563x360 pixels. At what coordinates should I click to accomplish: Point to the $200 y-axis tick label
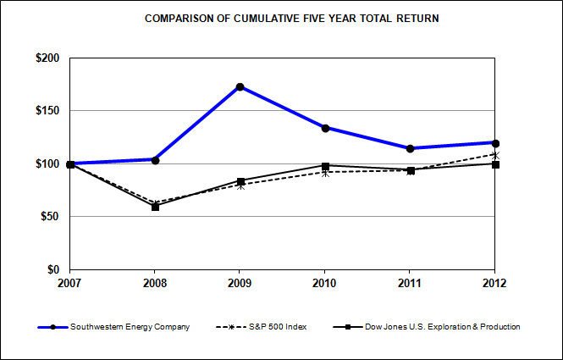tap(47, 58)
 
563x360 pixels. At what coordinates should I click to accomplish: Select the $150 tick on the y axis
tap(47, 111)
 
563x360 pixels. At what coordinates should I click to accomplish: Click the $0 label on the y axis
tap(53, 269)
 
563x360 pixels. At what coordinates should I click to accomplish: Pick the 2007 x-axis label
tap(70, 284)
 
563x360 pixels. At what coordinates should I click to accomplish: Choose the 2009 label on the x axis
tap(240, 284)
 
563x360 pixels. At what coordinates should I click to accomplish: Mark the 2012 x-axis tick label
tap(495, 284)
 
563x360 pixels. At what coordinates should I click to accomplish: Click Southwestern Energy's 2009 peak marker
tap(240, 86)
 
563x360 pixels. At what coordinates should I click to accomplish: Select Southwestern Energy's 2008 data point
tap(156, 159)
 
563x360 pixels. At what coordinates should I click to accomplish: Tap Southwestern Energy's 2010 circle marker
tap(325, 128)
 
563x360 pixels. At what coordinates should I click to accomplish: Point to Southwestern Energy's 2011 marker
tap(411, 148)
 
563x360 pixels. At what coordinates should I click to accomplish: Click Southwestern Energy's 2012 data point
tap(495, 142)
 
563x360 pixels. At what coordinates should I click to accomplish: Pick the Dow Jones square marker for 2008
tap(156, 207)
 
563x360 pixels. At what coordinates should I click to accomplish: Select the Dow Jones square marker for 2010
tap(325, 166)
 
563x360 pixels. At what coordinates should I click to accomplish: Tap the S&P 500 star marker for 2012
tap(495, 155)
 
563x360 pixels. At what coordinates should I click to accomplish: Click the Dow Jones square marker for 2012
tap(495, 164)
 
